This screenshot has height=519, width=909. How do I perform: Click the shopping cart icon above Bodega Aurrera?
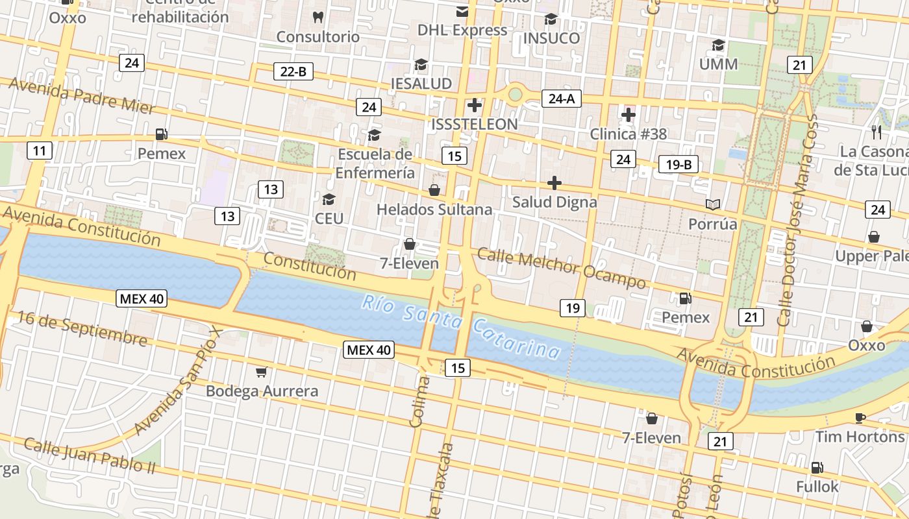pos(261,372)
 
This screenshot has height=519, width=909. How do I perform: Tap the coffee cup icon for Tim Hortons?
pos(860,418)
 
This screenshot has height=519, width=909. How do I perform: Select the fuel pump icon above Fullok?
pos(817,467)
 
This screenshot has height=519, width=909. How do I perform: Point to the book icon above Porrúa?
pos(713,204)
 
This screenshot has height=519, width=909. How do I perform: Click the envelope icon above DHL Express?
pos(462,11)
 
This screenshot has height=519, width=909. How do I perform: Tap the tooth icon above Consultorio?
pos(318,17)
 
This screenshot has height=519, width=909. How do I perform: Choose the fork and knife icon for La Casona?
pos(877,132)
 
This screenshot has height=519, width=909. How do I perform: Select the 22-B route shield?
pos(293,71)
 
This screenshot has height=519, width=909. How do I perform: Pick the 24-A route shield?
pos(562,99)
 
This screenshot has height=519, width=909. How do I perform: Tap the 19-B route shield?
pos(679,164)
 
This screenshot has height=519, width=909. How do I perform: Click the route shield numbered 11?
pos(40,151)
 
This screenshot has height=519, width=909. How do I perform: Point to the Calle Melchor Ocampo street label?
pos(562,267)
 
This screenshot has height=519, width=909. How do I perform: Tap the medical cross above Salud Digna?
pos(554,183)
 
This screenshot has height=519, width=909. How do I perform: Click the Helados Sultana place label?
pos(434,210)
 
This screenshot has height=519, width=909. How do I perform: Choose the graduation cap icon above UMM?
pos(718,45)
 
